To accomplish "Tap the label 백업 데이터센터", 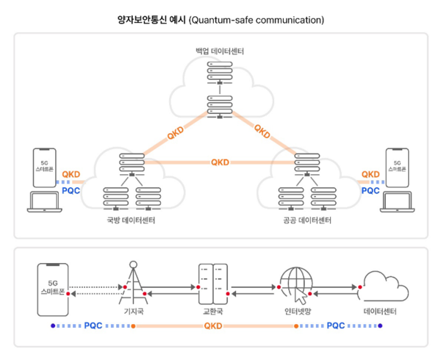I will (x=220, y=51).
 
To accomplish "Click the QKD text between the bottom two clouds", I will (x=220, y=162).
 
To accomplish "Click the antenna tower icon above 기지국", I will (x=133, y=283).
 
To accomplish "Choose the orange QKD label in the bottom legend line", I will (x=212, y=324).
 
